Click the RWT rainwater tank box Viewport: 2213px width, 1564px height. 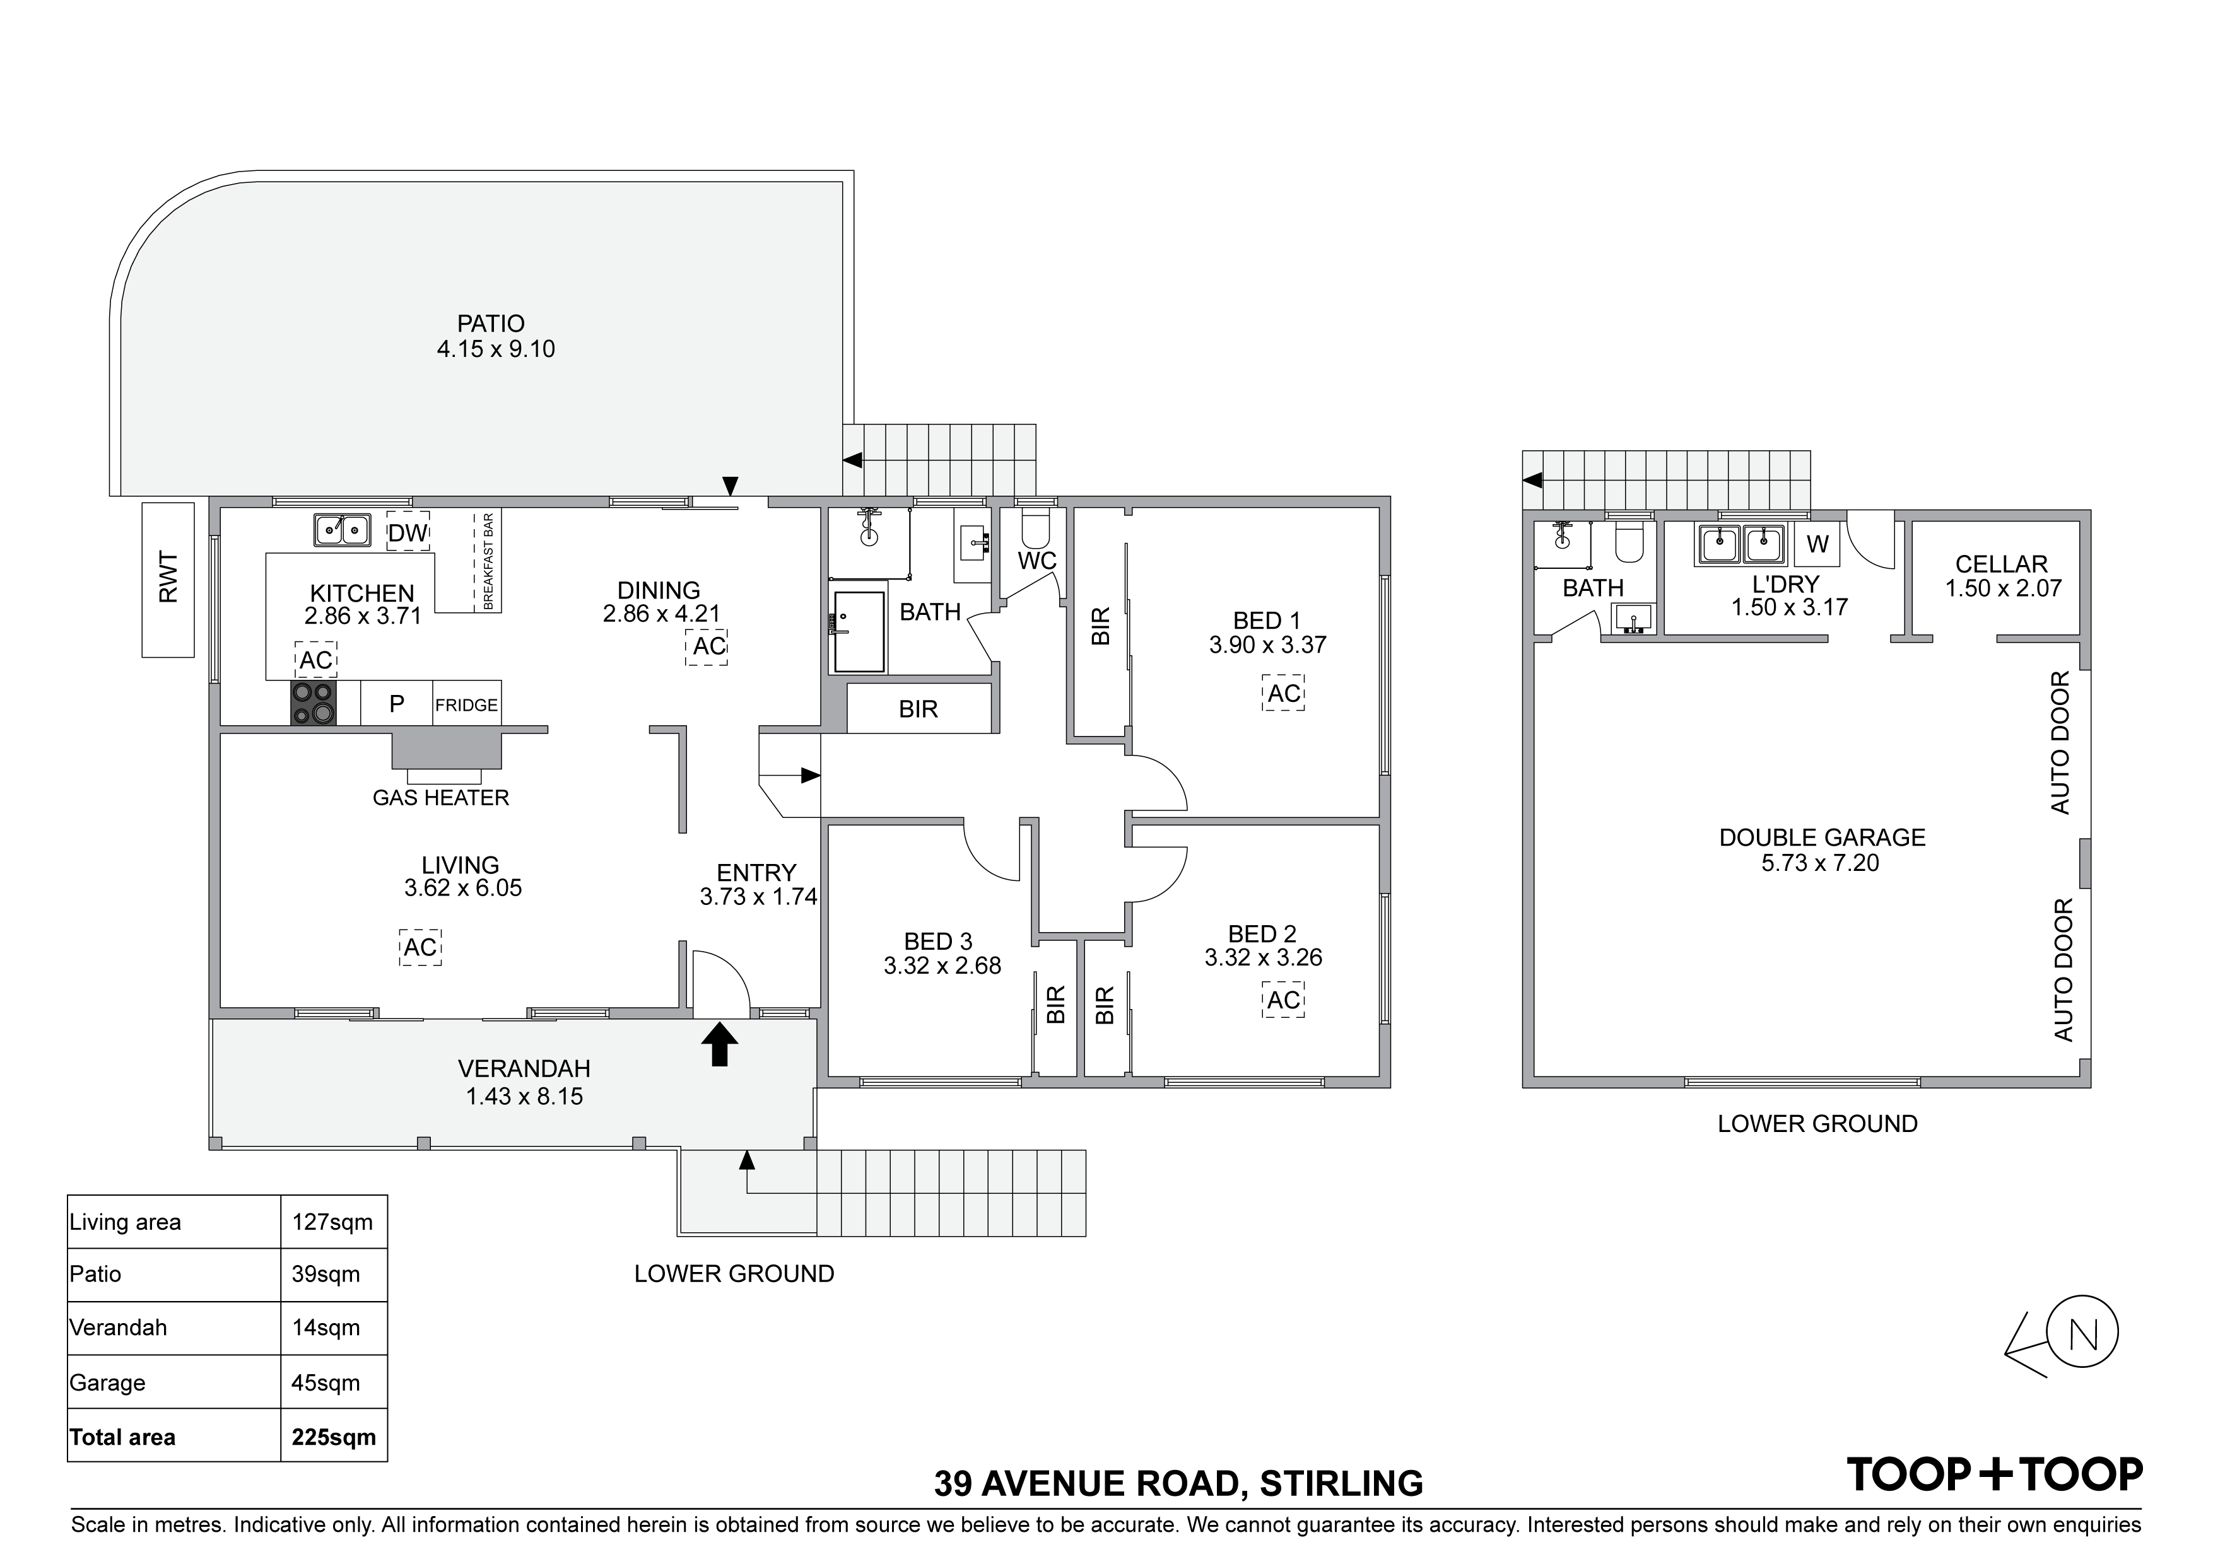(168, 580)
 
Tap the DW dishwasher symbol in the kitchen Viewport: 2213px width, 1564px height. (408, 532)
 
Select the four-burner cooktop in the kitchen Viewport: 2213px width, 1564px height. (314, 703)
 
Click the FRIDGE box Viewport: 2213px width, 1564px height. (466, 704)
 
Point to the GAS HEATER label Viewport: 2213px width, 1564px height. (440, 798)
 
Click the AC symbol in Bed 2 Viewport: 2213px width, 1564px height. (1283, 1000)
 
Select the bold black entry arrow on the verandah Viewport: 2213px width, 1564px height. (719, 1044)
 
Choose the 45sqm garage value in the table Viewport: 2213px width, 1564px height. (326, 1383)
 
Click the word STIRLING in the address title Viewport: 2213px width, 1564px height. (1341, 1483)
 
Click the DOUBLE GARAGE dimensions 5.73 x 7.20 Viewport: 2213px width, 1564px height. (1821, 863)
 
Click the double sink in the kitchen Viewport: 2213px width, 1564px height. (342, 530)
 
